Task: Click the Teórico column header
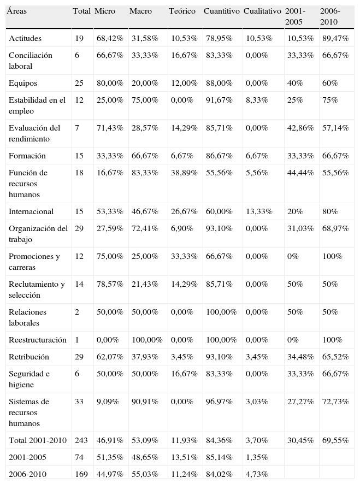click(x=182, y=11)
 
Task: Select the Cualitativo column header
click(x=262, y=11)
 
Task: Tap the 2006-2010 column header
click(x=330, y=16)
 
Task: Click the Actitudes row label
click(x=25, y=38)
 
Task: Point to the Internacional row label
click(x=31, y=211)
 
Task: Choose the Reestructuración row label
click(x=38, y=340)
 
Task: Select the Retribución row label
click(x=29, y=357)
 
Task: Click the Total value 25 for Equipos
click(x=79, y=83)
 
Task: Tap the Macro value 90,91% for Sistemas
click(x=145, y=402)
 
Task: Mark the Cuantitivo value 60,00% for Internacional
click(x=218, y=211)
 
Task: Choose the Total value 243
click(x=81, y=440)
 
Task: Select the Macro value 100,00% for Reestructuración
click(x=147, y=340)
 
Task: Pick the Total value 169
click(x=81, y=474)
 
